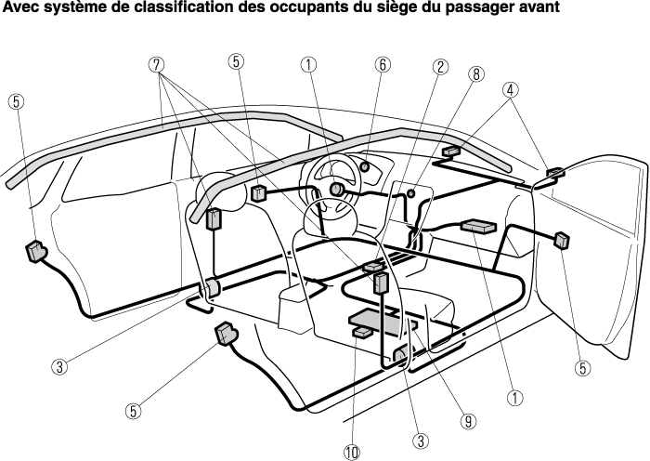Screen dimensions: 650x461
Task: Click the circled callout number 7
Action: [x=156, y=65]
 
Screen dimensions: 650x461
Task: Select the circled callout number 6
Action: [x=383, y=65]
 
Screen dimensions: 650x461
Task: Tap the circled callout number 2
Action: [x=440, y=66]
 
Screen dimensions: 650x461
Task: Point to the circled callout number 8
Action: [x=476, y=74]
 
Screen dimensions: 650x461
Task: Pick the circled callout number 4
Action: [x=511, y=90]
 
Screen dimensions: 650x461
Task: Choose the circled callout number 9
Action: [x=468, y=422]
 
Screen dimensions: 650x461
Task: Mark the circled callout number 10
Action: [x=352, y=453]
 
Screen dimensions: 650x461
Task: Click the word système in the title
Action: [x=74, y=7]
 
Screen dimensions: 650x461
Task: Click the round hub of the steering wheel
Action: [x=336, y=190]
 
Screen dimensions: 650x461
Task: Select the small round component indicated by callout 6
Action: [x=365, y=166]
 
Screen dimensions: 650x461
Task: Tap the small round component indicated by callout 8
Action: [x=411, y=193]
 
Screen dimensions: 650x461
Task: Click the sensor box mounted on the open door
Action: [x=562, y=241]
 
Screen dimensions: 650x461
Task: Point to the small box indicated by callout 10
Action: [x=363, y=332]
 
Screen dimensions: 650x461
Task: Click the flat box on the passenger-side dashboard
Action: [x=477, y=227]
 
